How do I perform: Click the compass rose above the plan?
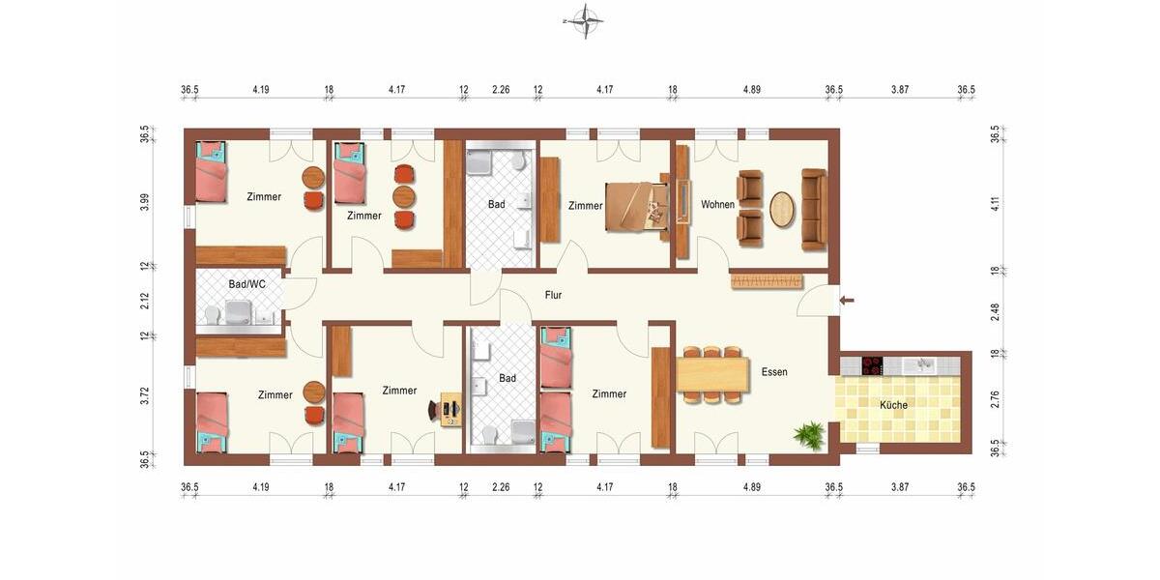[584, 19]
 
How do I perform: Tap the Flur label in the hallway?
[553, 295]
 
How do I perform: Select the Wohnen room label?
[717, 205]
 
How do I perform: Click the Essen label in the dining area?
[774, 371]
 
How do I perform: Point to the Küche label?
[893, 405]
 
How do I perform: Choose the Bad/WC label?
[246, 284]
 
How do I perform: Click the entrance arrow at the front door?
[847, 301]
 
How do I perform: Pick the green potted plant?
[808, 434]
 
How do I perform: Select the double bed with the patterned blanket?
[635, 205]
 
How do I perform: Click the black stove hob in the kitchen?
[872, 365]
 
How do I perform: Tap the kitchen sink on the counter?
[923, 364]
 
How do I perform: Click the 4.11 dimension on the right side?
[995, 203]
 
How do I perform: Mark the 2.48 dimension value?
[995, 312]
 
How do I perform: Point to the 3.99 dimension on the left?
[145, 202]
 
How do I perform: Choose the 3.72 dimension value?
[145, 394]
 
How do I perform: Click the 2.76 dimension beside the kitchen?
[995, 399]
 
